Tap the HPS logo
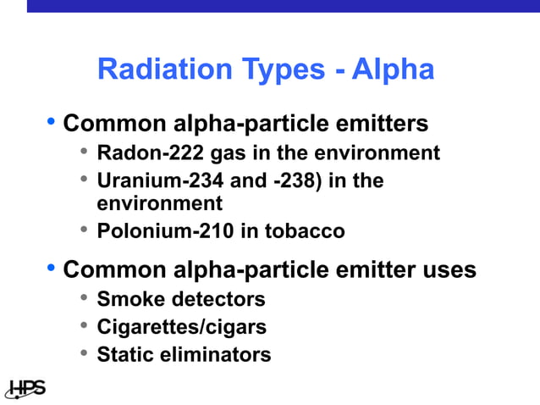25,388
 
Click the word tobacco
306,230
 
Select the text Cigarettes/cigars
181,326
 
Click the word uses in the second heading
449,270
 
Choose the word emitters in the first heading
382,124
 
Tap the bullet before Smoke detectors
84,298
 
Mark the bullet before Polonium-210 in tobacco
84,230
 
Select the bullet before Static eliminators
84,352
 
